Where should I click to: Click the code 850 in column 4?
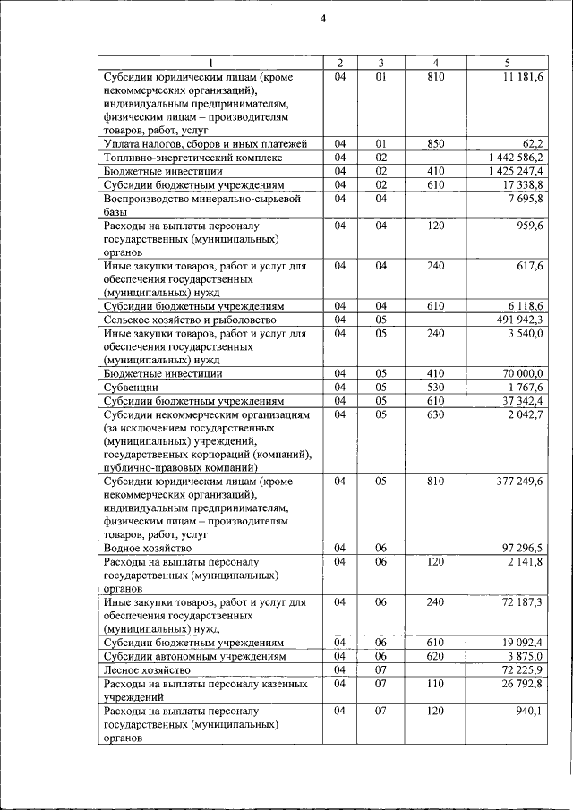(x=435, y=143)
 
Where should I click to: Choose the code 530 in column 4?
(x=435, y=388)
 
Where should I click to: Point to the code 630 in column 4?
(x=435, y=414)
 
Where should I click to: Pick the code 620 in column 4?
(x=435, y=656)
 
